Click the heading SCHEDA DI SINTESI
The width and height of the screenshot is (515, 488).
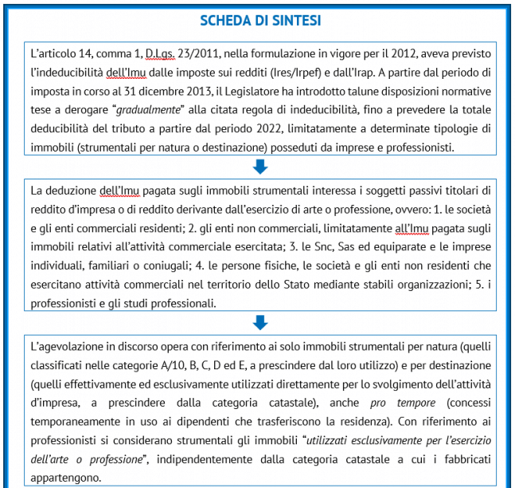pyautogui.click(x=259, y=20)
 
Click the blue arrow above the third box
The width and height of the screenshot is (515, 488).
pyautogui.click(x=259, y=323)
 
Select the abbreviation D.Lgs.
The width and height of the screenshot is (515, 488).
pyautogui.click(x=159, y=54)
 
